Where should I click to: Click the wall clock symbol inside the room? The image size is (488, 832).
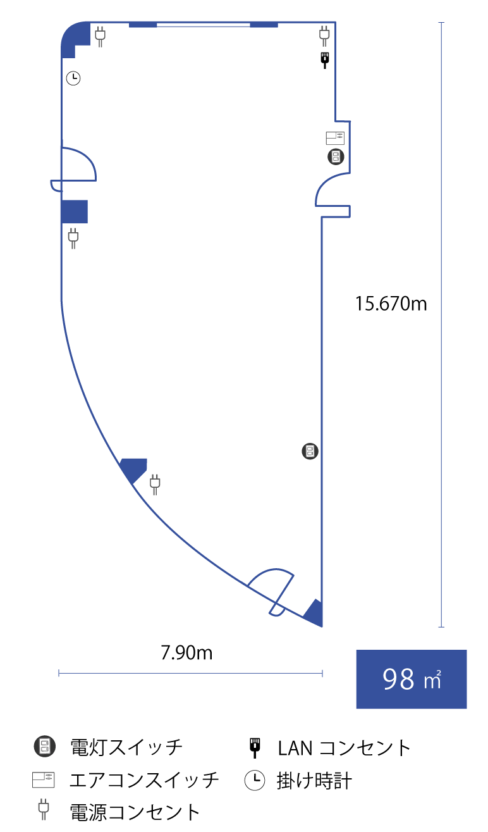click(74, 78)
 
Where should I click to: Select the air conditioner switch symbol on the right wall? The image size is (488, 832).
click(335, 138)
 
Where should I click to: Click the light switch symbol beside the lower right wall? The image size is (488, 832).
click(310, 451)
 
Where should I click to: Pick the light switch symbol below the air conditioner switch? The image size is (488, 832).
click(335, 157)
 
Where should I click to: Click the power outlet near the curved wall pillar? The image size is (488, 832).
click(155, 485)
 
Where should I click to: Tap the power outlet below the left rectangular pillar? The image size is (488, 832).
click(73, 238)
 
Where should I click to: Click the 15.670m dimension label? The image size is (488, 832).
click(391, 304)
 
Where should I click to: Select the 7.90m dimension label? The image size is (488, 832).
click(186, 652)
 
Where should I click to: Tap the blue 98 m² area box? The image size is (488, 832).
click(412, 679)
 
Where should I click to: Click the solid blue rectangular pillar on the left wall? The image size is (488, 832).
click(74, 211)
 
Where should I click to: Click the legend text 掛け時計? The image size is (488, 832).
click(314, 781)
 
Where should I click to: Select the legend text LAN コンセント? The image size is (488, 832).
click(345, 748)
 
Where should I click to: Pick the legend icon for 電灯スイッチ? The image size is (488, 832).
click(44, 747)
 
